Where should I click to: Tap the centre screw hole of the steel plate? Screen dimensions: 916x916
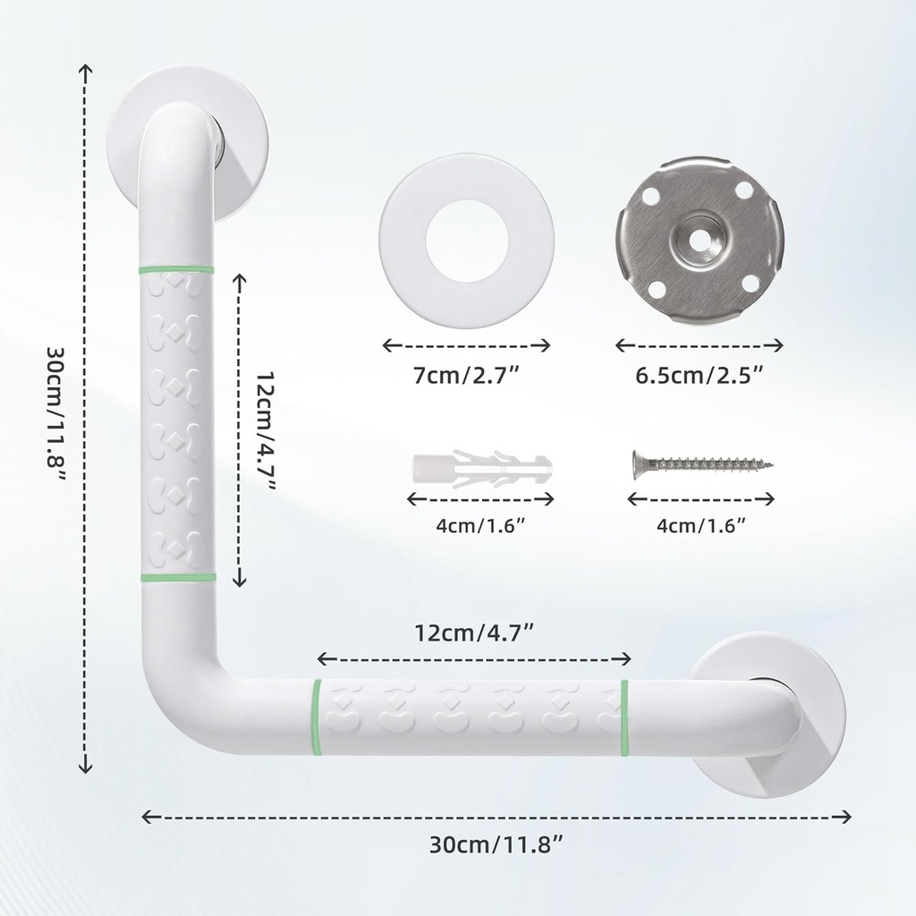pos(699,239)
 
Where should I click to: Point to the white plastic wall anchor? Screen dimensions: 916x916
pos(480,468)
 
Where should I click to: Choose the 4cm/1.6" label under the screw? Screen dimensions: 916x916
pos(700,525)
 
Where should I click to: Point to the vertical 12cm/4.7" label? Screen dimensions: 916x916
pos(265,429)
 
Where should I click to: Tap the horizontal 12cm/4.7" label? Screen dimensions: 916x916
pos(475,632)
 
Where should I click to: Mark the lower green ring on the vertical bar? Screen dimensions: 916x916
pos(177,578)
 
